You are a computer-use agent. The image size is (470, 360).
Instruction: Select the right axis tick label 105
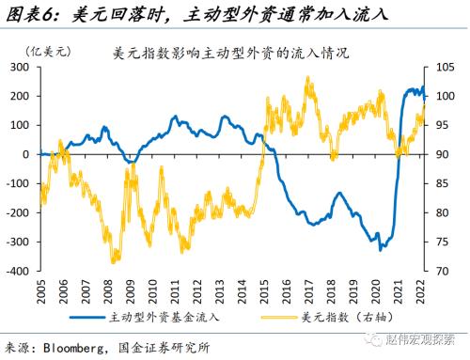pos(442,67)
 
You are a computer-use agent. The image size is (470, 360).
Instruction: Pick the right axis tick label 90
pos(439,154)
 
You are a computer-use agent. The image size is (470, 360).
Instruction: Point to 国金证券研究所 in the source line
pos(177,346)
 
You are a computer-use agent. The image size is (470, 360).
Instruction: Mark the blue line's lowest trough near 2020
pos(380,250)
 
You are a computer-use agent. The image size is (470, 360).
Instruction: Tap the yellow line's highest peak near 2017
pos(308,78)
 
